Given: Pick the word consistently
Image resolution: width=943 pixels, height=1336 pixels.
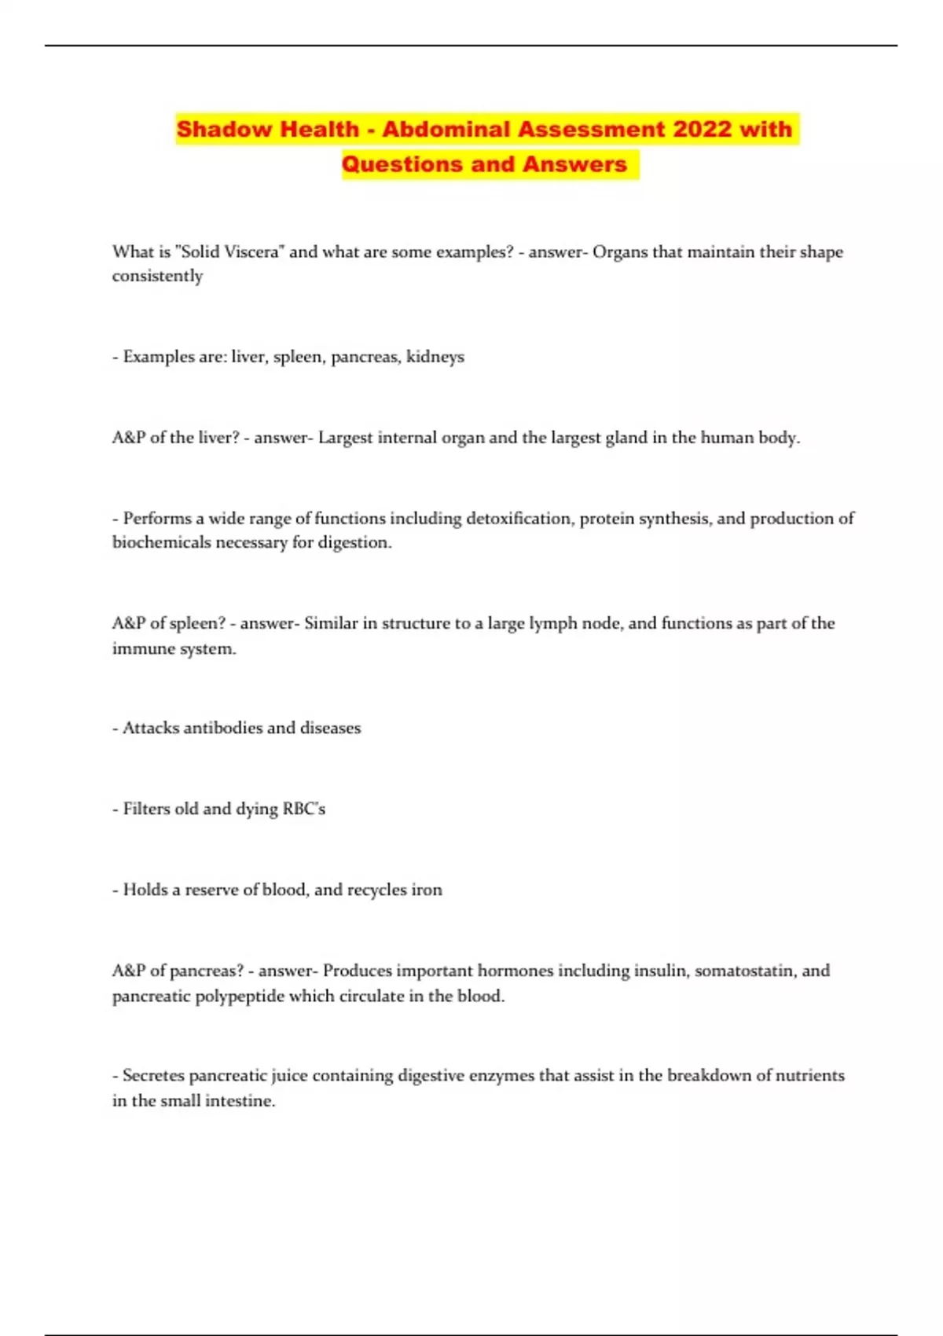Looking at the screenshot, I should tap(157, 277).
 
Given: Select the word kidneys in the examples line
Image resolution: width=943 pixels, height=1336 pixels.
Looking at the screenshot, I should tap(435, 358).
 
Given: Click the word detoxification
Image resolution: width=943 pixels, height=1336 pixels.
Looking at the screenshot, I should tap(519, 519).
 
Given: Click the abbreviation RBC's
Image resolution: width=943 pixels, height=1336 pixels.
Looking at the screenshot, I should tap(303, 809).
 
